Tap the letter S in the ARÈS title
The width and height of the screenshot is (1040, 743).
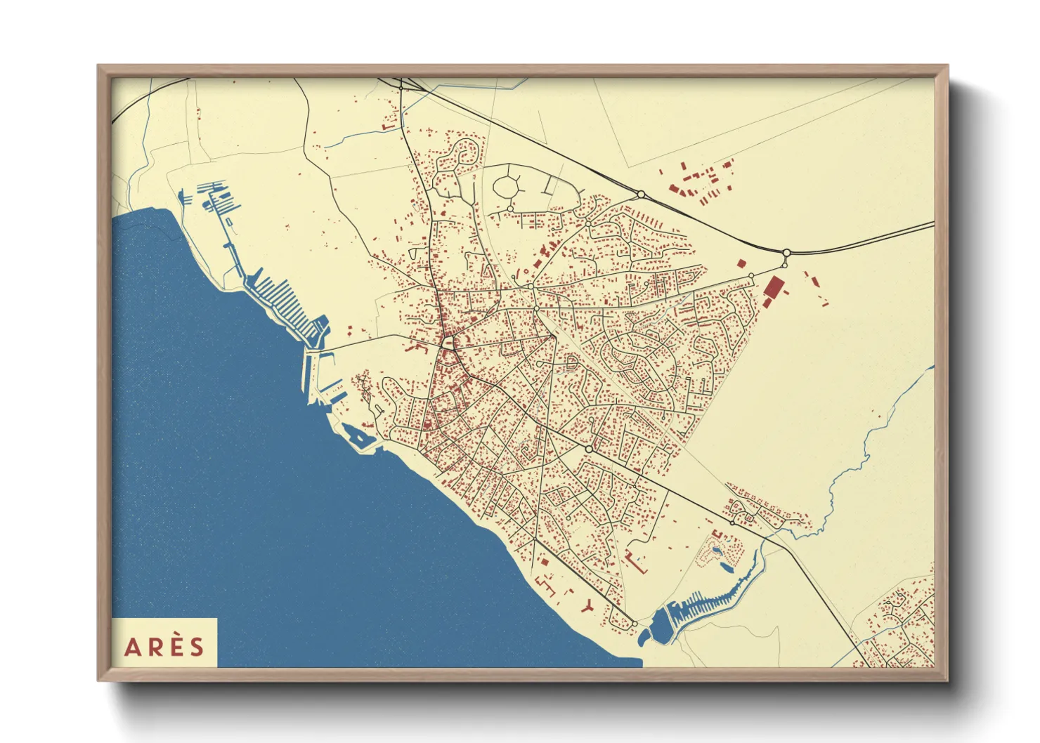[197, 647]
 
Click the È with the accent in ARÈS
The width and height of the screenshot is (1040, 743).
[176, 646]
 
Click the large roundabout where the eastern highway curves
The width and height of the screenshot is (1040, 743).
[787, 253]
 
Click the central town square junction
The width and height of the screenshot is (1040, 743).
[447, 343]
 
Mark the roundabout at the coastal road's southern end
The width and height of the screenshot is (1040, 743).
[635, 623]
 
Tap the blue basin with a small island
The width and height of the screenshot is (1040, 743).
[357, 437]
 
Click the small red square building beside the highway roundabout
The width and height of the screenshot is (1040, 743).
[740, 263]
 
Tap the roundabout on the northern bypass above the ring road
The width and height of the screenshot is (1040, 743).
[641, 195]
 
